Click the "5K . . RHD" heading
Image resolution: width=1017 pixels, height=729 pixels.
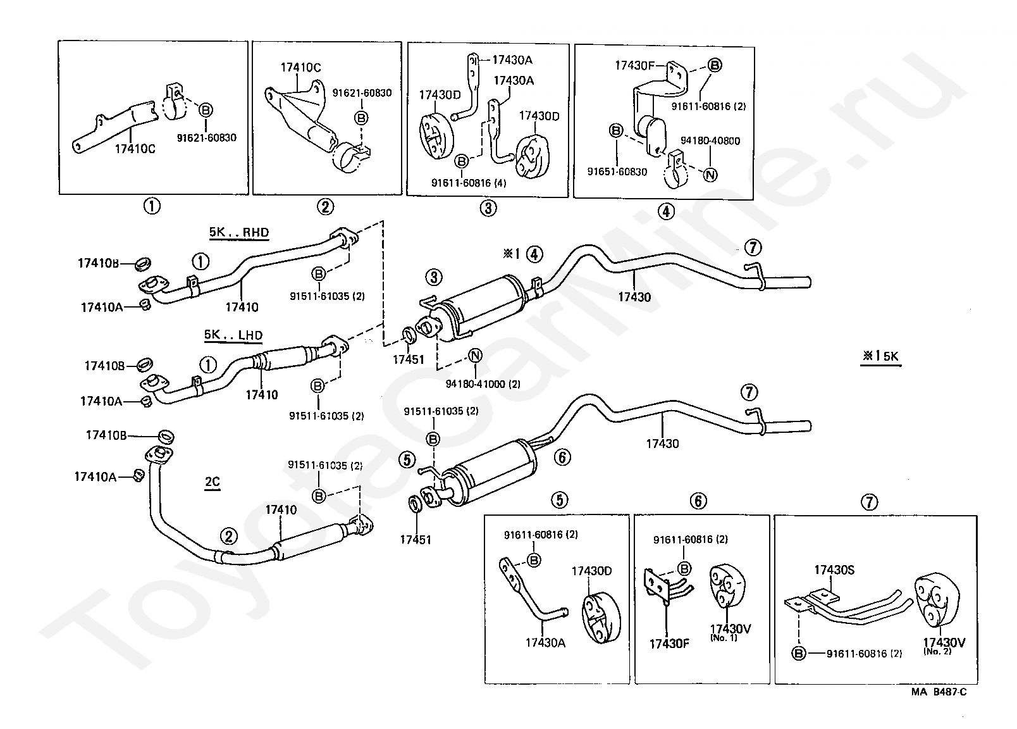pyautogui.click(x=239, y=232)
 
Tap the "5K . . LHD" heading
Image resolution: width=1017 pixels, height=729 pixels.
pyautogui.click(x=233, y=335)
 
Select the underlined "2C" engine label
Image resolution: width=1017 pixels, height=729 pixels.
pyautogui.click(x=213, y=482)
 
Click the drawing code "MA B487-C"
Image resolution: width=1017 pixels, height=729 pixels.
pyautogui.click(x=939, y=692)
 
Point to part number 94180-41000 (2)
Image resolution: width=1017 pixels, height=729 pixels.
pyautogui.click(x=483, y=384)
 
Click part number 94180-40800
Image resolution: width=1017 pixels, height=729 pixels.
pyautogui.click(x=710, y=141)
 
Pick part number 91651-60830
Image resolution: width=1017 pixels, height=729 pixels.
pyautogui.click(x=617, y=171)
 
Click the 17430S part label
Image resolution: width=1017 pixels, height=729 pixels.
pyautogui.click(x=834, y=570)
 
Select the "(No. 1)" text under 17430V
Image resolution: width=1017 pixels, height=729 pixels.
pyautogui.click(x=724, y=638)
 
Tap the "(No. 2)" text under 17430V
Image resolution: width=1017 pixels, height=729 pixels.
pyautogui.click(x=937, y=651)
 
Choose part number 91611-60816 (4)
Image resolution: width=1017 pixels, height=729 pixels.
pyautogui.click(x=469, y=183)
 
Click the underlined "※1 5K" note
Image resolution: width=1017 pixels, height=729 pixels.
pyautogui.click(x=880, y=356)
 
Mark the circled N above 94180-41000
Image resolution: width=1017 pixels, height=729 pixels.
pyautogui.click(x=475, y=356)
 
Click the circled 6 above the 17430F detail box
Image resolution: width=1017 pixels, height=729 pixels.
pyautogui.click(x=698, y=501)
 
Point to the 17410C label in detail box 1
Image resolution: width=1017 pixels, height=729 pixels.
pyautogui.click(x=135, y=149)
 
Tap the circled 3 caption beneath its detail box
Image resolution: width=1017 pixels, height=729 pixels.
pyautogui.click(x=488, y=208)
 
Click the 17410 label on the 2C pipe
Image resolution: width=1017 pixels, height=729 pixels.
pyautogui.click(x=281, y=509)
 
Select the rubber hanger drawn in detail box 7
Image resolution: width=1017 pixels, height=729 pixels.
pyautogui.click(x=936, y=601)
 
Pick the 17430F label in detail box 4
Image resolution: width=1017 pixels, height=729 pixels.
pyautogui.click(x=634, y=66)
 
